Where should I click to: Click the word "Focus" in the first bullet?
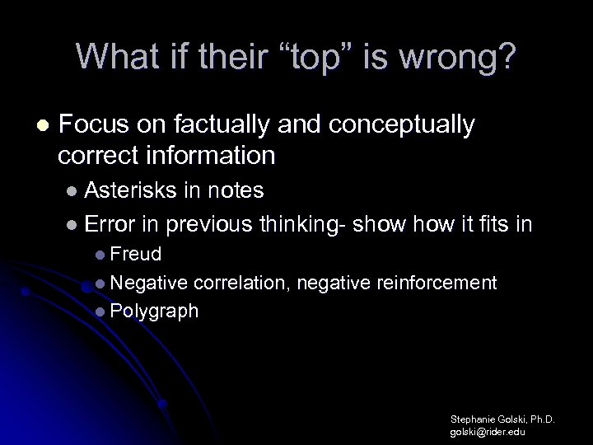point(93,125)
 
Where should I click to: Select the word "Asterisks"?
point(129,191)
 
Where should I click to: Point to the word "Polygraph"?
point(154,311)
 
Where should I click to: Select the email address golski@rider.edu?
point(488,431)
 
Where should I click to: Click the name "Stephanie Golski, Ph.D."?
point(502,419)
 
